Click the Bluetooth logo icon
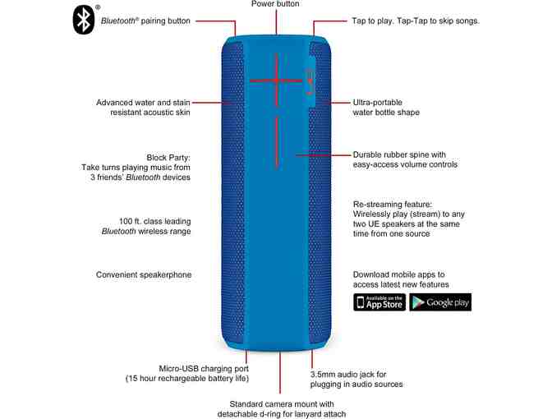pyautogui.click(x=84, y=20)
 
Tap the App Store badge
pyautogui.click(x=379, y=302)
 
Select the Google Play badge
pyautogui.click(x=440, y=302)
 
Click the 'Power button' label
pyautogui.click(x=275, y=5)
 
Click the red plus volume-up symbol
pyautogui.click(x=276, y=81)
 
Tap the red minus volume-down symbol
pyautogui.click(x=276, y=141)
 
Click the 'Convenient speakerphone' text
pyautogui.click(x=144, y=274)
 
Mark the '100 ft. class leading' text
pyautogui.click(x=154, y=220)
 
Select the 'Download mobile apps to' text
pyautogui.click(x=398, y=274)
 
